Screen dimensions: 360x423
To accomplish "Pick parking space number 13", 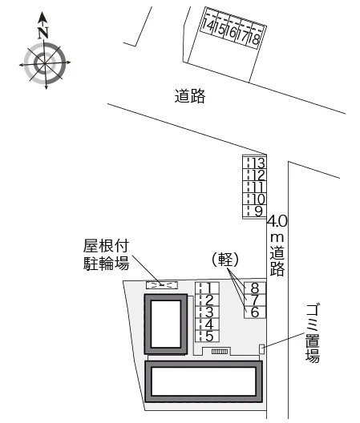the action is [255, 163].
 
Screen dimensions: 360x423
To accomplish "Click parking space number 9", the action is [255, 211].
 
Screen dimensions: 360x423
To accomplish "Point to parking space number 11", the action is [255, 187].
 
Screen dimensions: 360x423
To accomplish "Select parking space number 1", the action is [207, 288].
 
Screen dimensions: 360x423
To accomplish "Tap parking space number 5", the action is [207, 336].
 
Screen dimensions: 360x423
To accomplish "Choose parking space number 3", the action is [207, 312].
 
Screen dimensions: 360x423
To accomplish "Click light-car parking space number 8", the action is [255, 288].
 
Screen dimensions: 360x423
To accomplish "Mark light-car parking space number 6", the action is [255, 312].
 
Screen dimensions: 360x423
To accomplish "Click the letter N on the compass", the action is [43, 33].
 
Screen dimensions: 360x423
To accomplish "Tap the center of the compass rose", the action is [45, 63].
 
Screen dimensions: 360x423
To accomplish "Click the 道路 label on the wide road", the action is [190, 96].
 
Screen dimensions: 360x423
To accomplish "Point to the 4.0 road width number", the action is [277, 221].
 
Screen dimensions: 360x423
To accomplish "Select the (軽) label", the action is [225, 260].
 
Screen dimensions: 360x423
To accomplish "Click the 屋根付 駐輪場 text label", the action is [106, 255].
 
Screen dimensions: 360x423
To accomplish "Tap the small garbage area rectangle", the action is [261, 349].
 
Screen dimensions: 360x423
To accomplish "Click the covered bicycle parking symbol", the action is [162, 285].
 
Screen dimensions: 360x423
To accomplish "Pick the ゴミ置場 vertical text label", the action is [313, 333].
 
